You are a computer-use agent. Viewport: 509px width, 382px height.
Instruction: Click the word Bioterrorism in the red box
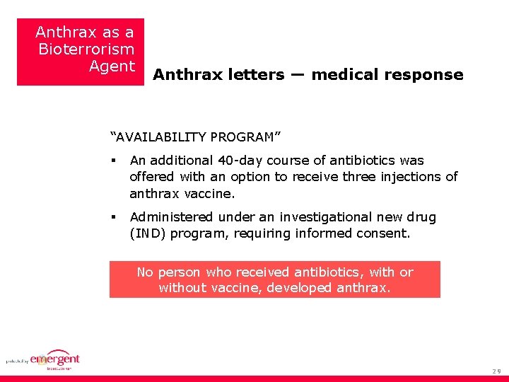tap(86, 50)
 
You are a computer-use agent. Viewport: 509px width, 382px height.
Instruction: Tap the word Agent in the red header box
tap(112, 66)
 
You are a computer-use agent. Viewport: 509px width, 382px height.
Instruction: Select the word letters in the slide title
tap(256, 75)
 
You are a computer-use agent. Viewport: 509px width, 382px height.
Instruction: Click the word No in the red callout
tap(145, 272)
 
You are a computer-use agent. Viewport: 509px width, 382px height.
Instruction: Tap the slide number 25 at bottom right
tap(497, 371)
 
